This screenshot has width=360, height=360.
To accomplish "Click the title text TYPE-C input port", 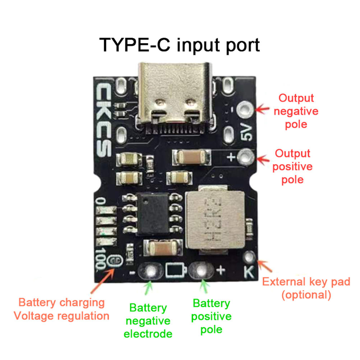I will click(x=180, y=45).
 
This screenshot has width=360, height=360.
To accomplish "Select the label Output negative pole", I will click(x=296, y=111).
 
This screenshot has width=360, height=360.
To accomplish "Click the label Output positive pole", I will click(x=292, y=166).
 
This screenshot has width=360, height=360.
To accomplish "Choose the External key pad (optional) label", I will click(x=306, y=288).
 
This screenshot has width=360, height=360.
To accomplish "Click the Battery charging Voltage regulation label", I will click(x=61, y=309).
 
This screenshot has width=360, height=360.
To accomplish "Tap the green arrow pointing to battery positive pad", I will click(x=204, y=288).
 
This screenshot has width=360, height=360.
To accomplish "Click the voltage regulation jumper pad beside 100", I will click(x=115, y=260).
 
